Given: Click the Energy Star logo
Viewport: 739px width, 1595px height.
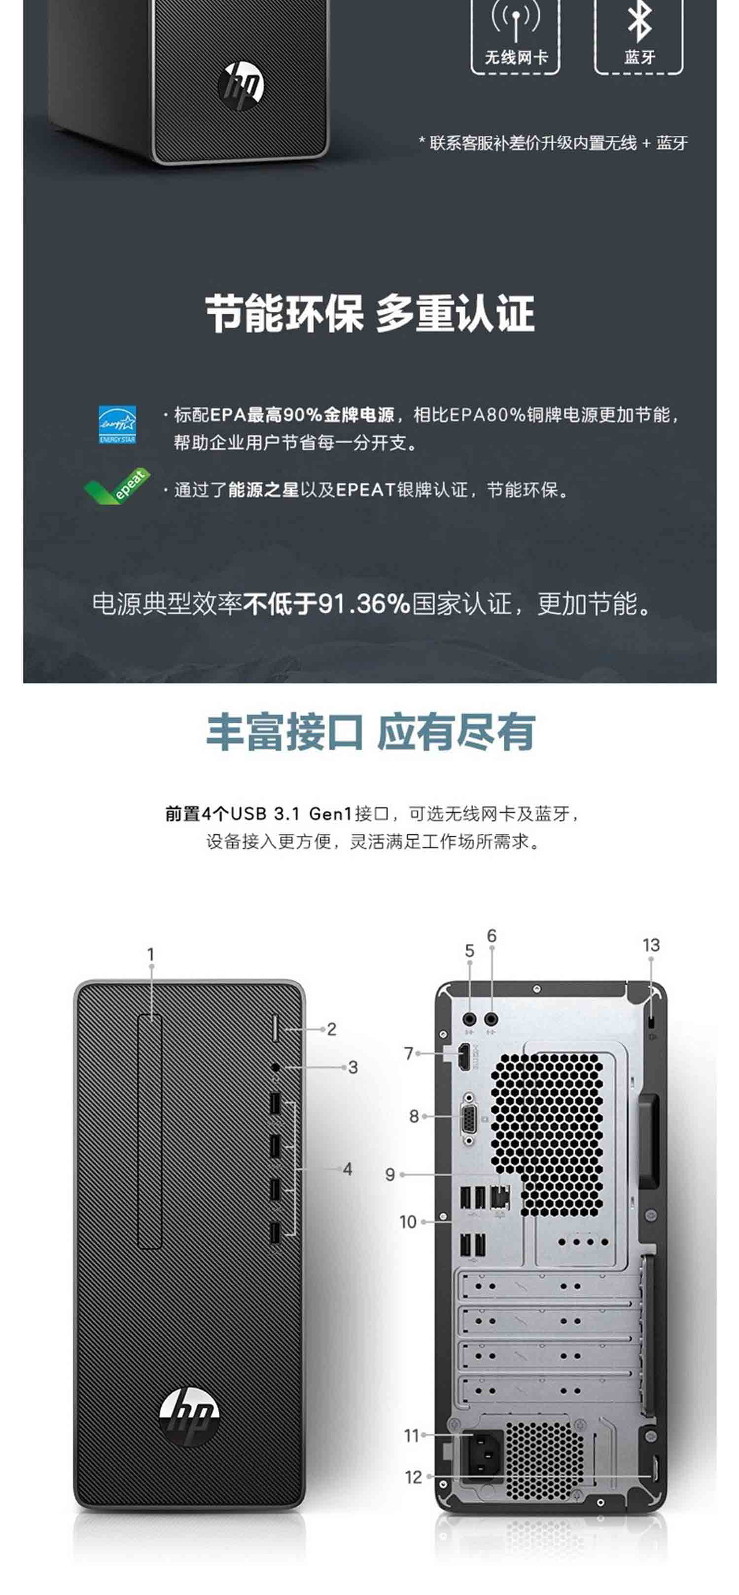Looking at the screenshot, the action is [117, 425].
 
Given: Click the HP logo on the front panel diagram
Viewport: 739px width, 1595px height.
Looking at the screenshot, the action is [189, 1415].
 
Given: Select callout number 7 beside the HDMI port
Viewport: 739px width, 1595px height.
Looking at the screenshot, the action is [409, 1053].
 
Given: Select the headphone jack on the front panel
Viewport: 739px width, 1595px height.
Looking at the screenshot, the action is [276, 1068].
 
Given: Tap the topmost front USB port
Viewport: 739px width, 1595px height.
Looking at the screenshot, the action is [275, 1103].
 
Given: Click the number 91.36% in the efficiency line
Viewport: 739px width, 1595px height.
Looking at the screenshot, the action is [363, 604].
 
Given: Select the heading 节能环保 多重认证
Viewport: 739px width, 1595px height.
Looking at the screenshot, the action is [370, 314].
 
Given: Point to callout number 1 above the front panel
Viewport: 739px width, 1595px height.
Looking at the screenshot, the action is [150, 954].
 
